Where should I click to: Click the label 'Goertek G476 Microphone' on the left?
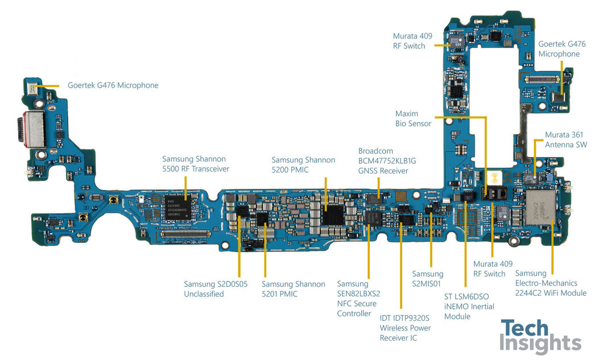113,85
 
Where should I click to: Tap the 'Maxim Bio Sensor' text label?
413,118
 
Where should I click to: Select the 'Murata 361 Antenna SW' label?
564,139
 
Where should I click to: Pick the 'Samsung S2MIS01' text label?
427,279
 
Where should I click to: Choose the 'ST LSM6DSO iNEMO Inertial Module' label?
469,306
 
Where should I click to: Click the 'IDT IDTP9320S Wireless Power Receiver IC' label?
405,328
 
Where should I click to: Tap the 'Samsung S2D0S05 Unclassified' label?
216,289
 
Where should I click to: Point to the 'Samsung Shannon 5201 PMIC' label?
294,289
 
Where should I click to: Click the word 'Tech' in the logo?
524,329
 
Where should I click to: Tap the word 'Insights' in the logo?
540,345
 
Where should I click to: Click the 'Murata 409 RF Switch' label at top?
412,41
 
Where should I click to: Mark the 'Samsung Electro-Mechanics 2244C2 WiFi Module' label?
551,283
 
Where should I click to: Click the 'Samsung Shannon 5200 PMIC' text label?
303,165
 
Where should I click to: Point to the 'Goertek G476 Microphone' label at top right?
559,49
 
